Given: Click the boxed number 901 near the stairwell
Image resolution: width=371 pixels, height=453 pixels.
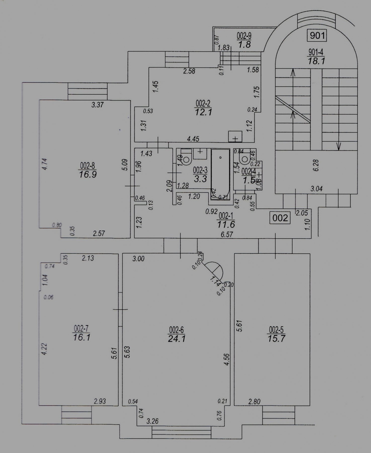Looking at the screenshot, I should [x=317, y=35].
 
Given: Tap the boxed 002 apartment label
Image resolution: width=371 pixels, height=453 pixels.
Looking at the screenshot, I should [x=280, y=218].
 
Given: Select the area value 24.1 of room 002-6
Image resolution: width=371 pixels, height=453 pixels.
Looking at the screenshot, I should [x=177, y=338].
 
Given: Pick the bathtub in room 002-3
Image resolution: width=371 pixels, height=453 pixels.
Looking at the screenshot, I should [x=220, y=174].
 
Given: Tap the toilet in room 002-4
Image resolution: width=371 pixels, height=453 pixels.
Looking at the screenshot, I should [x=244, y=158].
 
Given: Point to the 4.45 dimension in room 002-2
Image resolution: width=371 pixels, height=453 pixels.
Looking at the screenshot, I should [x=193, y=139].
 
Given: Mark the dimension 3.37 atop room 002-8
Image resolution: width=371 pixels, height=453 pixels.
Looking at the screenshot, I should [x=97, y=105].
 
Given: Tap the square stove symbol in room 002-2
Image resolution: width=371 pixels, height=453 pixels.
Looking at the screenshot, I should [x=235, y=136].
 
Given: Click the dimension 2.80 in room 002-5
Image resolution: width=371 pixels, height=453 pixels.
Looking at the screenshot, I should [x=254, y=401].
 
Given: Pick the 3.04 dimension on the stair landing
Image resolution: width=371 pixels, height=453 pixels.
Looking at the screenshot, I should [x=316, y=188].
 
